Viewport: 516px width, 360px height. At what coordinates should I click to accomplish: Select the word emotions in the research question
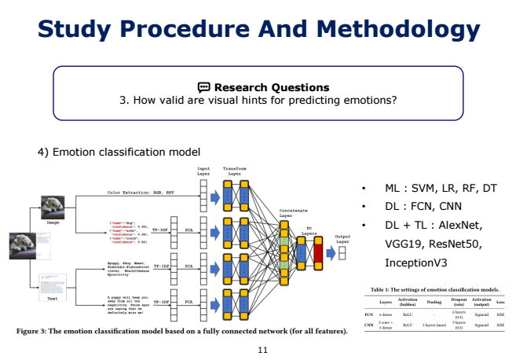(x=366, y=101)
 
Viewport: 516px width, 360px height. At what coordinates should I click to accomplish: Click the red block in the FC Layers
(x=318, y=252)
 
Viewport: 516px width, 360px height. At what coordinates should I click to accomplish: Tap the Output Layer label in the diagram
(x=342, y=239)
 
